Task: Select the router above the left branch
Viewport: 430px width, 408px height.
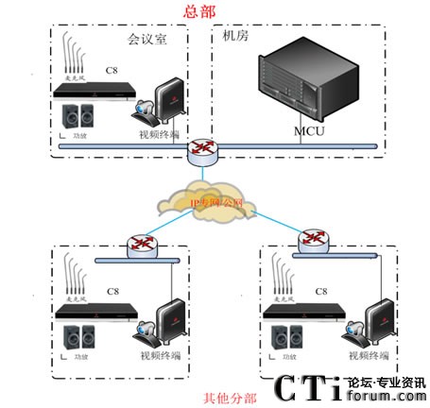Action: coord(144,246)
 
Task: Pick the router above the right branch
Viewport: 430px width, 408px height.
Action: coord(315,241)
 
